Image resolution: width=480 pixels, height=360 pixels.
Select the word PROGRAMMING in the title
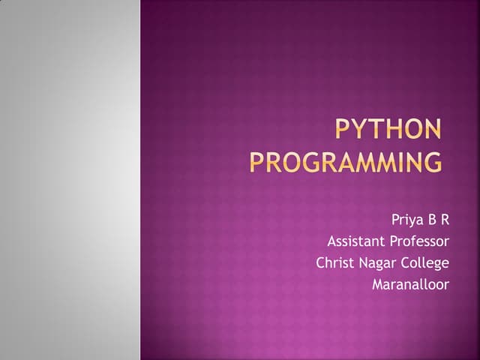346,162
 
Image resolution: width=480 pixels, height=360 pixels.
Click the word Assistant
355,241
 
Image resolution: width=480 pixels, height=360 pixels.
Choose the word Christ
333,263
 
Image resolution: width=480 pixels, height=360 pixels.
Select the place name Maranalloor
410,285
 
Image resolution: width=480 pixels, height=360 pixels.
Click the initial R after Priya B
444,220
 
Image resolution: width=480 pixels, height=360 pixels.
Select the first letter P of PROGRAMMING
256,162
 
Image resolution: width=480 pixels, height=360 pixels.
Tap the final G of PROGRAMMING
432,162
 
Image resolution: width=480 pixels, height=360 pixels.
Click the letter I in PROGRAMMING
398,162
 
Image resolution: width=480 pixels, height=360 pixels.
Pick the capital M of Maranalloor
377,285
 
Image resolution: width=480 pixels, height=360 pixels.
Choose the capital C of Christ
320,263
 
